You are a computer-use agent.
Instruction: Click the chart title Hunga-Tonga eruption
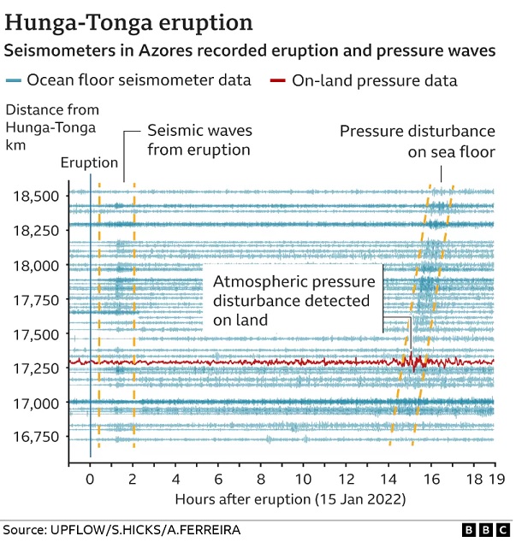(129, 21)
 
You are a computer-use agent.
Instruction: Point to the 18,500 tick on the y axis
(37, 196)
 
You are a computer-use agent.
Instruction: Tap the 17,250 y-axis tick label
(37, 368)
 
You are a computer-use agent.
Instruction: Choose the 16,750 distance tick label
(37, 437)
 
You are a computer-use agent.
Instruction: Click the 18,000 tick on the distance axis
(37, 265)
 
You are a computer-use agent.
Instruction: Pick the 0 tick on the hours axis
(90, 480)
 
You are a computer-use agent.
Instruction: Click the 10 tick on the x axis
(303, 480)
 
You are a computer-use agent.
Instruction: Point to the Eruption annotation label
(90, 163)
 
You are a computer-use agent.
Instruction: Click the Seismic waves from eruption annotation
(199, 140)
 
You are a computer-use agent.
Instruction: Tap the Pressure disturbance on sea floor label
(417, 142)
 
